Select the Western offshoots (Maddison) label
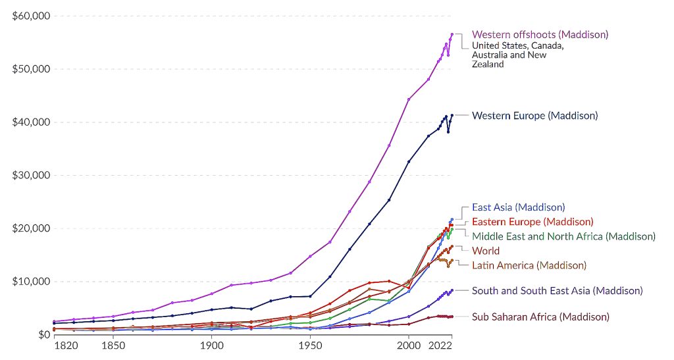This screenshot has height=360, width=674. (540, 34)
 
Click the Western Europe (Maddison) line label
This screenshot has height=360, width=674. (535, 116)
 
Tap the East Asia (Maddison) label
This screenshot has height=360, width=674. (519, 208)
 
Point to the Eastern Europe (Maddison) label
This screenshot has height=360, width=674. (532, 222)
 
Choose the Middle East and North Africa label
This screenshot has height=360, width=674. (564, 236)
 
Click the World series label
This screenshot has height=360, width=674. (486, 251)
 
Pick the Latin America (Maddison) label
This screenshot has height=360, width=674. (529, 265)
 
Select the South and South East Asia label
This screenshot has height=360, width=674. (557, 291)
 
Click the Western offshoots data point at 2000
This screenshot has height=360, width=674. (409, 99)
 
